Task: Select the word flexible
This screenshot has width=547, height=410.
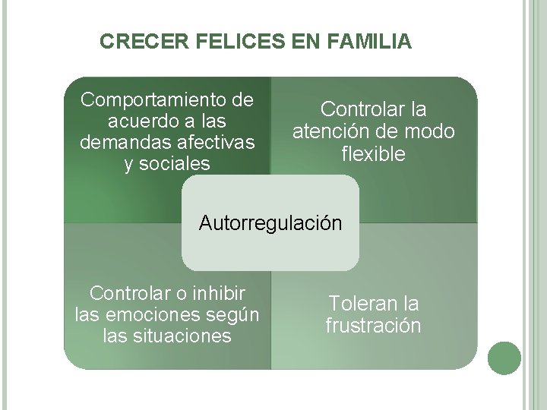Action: point(374,154)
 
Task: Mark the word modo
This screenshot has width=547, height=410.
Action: point(430,132)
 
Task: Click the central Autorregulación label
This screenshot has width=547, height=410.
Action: point(270,223)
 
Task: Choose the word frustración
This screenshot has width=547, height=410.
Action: point(373,326)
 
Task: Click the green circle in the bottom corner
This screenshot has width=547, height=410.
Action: point(504,358)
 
